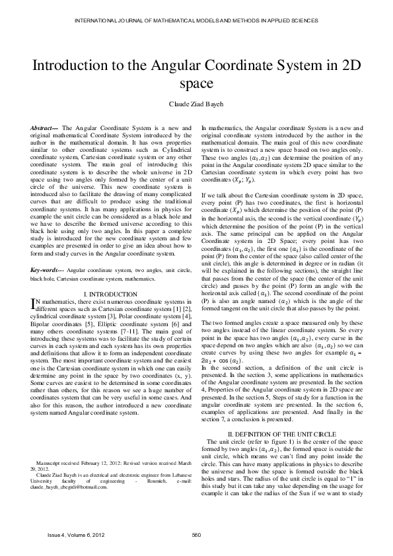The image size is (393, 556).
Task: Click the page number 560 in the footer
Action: tap(196, 534)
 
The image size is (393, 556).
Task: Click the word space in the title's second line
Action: tap(196, 84)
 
